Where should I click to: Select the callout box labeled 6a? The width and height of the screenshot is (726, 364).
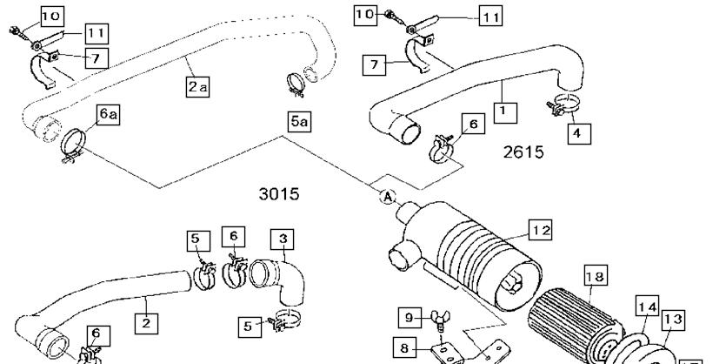click(x=108, y=114)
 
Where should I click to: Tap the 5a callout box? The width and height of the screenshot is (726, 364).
click(x=298, y=122)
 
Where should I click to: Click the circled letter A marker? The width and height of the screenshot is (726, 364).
click(x=388, y=197)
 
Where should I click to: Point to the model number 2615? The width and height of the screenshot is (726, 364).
click(x=523, y=152)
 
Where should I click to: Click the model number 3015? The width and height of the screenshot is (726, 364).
click(x=279, y=194)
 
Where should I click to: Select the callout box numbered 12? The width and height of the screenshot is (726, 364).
click(x=541, y=230)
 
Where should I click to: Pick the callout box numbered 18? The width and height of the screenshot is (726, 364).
click(x=596, y=276)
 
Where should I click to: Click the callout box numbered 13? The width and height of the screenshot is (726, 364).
click(x=673, y=319)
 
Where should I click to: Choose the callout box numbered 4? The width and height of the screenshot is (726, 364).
click(x=579, y=133)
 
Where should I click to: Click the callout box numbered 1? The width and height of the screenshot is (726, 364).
click(x=505, y=111)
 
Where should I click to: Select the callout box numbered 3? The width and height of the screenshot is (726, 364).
click(x=283, y=239)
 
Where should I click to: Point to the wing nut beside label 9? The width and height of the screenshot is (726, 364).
click(x=439, y=319)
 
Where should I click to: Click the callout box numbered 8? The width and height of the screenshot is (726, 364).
click(x=404, y=347)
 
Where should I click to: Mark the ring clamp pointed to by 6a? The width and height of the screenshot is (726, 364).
click(x=73, y=145)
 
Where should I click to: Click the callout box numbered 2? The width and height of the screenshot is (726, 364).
click(x=146, y=323)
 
